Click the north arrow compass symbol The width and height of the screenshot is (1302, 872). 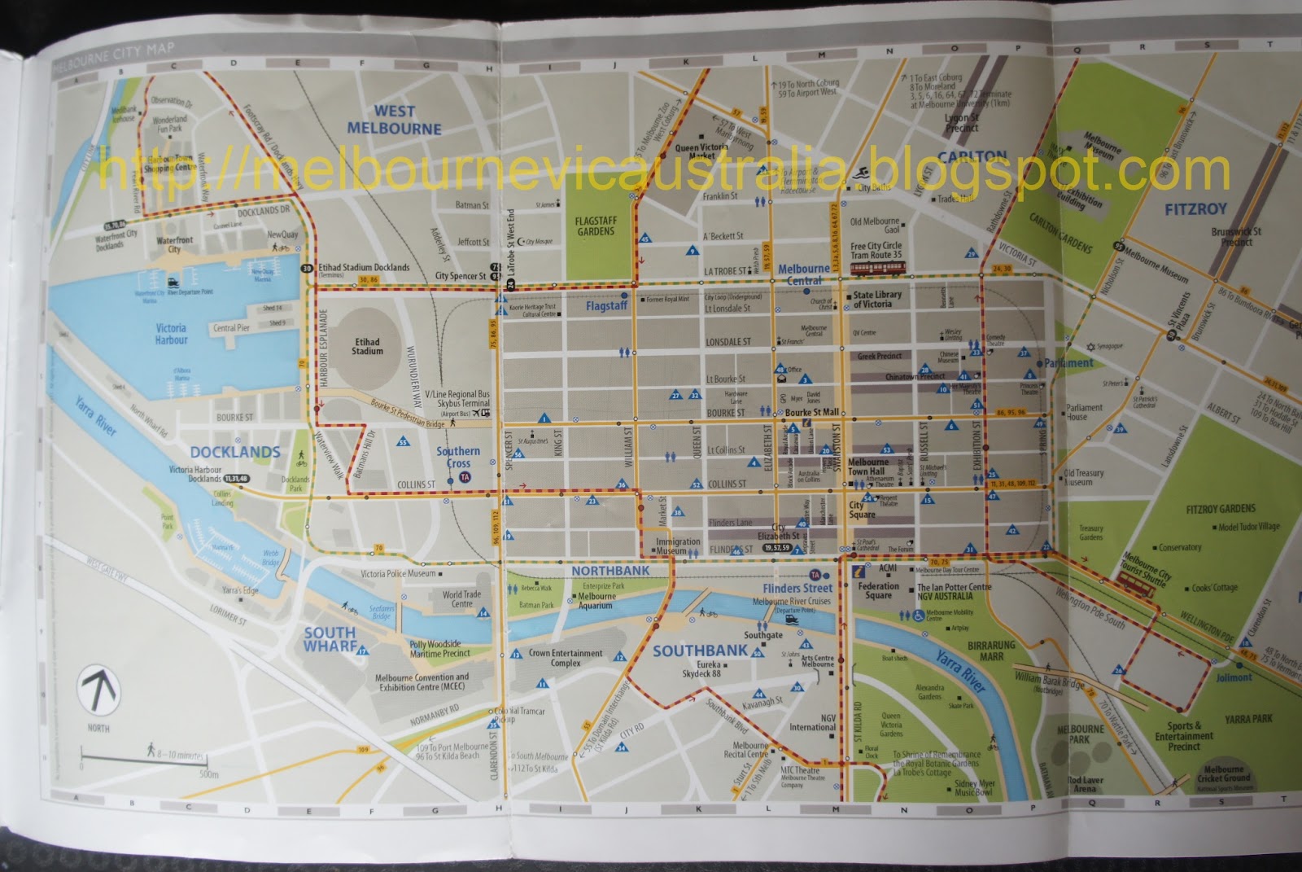click(x=98, y=691)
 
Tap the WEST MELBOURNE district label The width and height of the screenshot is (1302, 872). click(x=395, y=120)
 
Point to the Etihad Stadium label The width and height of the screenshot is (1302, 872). click(x=368, y=346)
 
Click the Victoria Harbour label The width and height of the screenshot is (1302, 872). click(x=171, y=334)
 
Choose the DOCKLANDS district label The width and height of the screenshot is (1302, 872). click(x=235, y=452)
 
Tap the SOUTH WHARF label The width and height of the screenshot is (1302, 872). click(x=330, y=638)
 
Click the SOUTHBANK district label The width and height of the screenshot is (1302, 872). click(x=700, y=651)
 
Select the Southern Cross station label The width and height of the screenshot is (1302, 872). click(x=458, y=457)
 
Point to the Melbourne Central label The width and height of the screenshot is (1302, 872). click(x=804, y=274)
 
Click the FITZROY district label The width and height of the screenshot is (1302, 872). click(x=1195, y=209)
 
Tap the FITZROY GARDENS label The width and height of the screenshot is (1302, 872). click(x=1221, y=509)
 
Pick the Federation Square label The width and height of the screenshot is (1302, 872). click(x=879, y=590)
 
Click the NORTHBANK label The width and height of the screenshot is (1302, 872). click(x=610, y=571)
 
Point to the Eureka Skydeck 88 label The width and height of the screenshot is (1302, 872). click(x=701, y=669)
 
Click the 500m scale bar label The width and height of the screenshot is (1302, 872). click(x=208, y=774)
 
